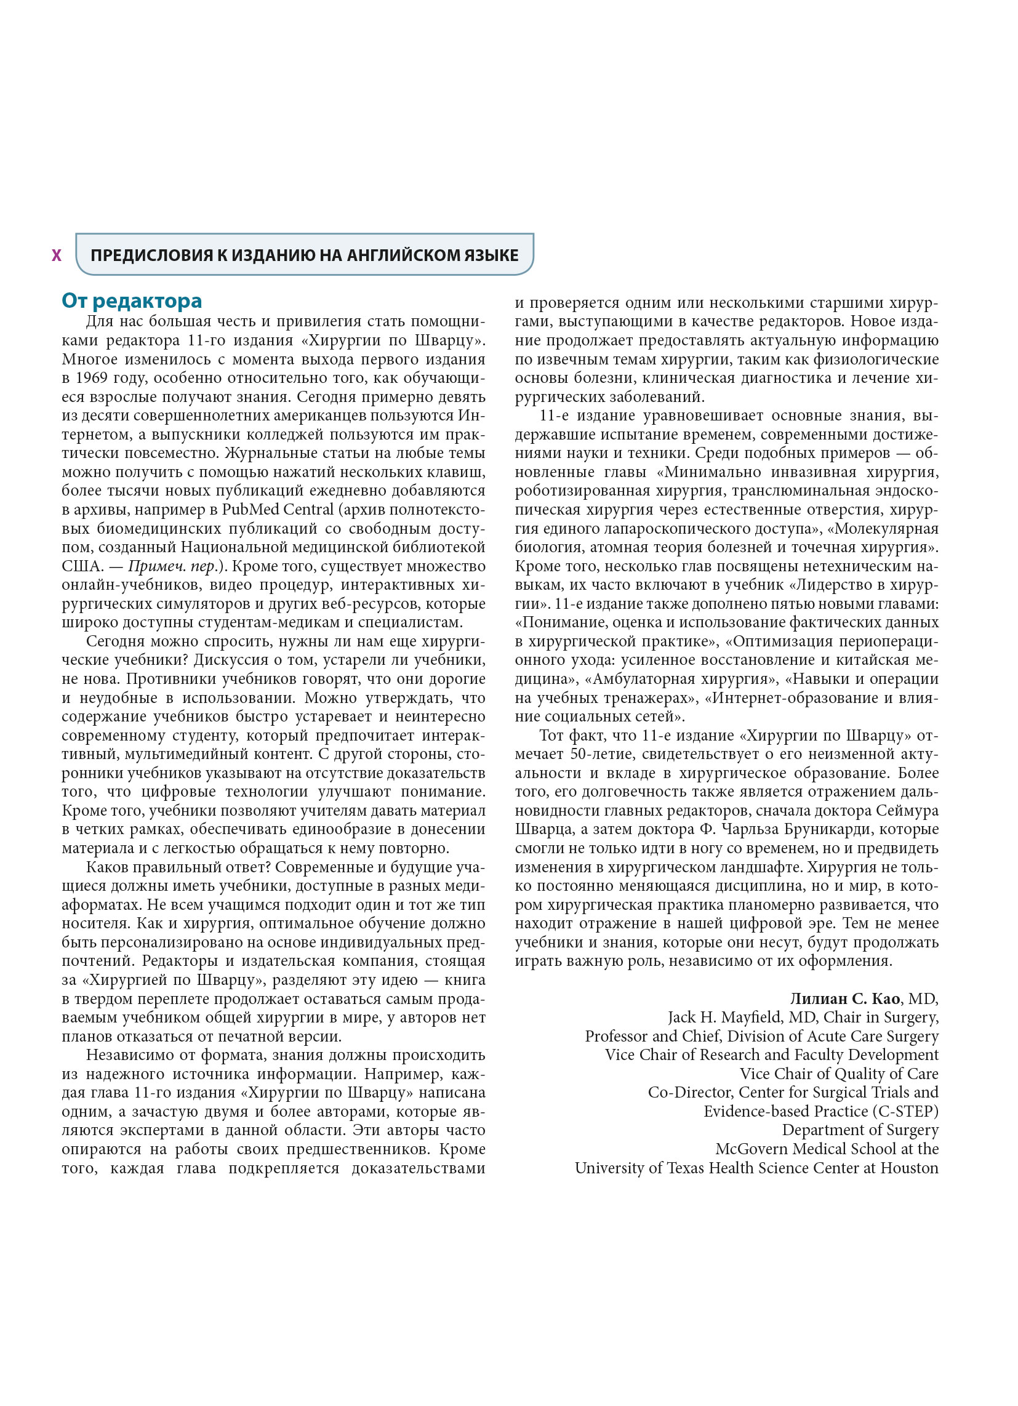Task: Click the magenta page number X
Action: tap(57, 255)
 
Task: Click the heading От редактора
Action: tap(132, 300)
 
